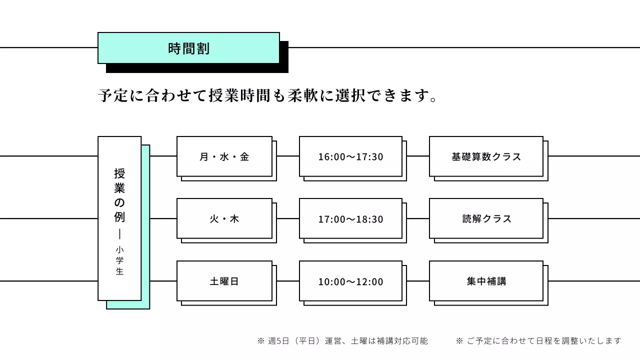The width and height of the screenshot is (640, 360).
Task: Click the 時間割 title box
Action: [188, 48]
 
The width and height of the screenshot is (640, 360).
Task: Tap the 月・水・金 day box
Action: [224, 156]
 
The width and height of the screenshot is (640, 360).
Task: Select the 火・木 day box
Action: [224, 218]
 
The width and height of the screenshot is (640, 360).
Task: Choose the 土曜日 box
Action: [224, 281]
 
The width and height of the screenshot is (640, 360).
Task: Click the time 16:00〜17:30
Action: [350, 156]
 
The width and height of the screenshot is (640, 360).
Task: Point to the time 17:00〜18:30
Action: [350, 219]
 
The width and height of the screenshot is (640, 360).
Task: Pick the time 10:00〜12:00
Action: [350, 281]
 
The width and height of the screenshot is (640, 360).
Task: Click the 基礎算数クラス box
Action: [486, 156]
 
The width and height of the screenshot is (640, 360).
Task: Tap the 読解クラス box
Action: [486, 218]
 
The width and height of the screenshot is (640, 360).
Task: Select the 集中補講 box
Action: [486, 281]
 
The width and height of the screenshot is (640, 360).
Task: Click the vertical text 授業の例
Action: [119, 195]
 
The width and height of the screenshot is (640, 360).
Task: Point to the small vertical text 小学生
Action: [119, 260]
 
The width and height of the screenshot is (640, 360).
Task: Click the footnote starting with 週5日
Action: [342, 341]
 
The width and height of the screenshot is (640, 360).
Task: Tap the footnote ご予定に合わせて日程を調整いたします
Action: [538, 341]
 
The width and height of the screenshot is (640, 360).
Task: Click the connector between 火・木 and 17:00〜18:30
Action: [288, 218]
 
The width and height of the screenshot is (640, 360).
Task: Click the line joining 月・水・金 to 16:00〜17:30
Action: [288, 156]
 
